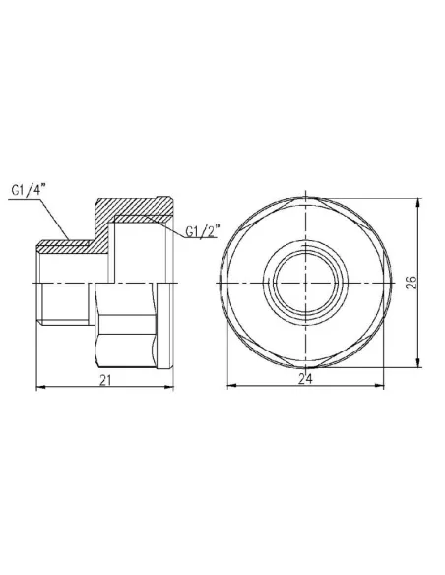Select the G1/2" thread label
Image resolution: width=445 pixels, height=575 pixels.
point(204,232)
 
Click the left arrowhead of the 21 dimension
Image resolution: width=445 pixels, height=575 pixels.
point(39,387)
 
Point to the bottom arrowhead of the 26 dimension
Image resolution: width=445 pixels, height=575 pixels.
point(421,363)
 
